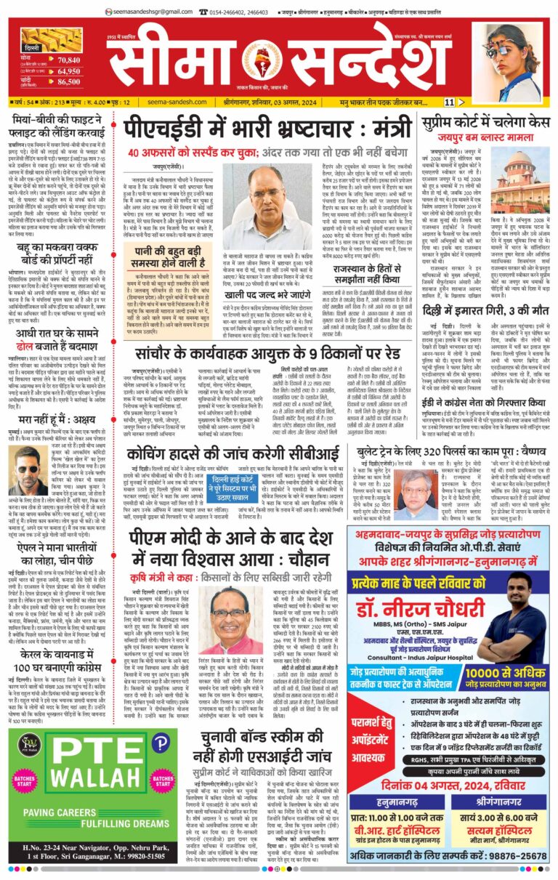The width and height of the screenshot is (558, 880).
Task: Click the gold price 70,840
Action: (x=68, y=59)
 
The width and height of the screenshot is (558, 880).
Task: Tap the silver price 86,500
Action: (x=68, y=85)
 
